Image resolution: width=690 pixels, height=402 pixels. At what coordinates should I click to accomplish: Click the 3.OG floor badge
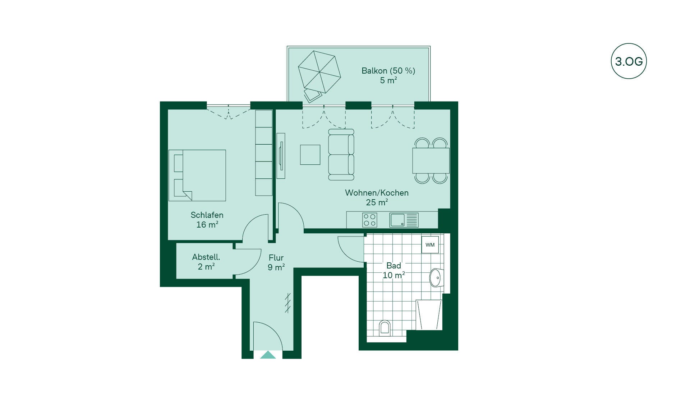point(629,61)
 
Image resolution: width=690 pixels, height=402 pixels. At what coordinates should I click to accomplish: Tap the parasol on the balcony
point(319,72)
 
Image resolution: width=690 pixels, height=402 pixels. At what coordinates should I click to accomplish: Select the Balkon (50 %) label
point(388,71)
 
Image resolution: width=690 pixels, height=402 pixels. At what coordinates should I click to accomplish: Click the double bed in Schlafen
point(197,175)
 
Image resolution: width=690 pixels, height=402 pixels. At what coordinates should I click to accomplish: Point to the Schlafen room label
point(207,215)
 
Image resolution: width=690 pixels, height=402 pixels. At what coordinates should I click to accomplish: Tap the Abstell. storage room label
point(206,257)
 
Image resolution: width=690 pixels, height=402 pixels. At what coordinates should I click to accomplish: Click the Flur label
point(276,258)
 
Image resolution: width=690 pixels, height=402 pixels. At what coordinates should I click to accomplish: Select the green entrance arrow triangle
point(268,355)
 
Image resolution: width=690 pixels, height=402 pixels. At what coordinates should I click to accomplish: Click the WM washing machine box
point(430,245)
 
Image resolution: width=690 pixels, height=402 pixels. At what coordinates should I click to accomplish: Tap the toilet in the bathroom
point(385,328)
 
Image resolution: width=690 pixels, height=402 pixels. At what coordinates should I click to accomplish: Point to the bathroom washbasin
point(436,277)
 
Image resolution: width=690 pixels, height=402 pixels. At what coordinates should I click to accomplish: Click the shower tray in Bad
point(429,315)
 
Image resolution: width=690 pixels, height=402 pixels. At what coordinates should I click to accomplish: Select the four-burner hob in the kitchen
point(369,220)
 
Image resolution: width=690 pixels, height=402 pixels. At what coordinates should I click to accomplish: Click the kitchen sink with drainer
point(404,220)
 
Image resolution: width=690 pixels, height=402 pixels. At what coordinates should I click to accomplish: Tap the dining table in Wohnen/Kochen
point(431,160)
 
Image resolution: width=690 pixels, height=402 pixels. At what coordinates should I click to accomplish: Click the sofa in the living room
point(341,155)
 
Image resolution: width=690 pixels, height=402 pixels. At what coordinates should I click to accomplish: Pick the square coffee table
point(310,155)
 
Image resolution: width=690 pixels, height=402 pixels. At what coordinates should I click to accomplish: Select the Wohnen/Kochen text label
point(377,193)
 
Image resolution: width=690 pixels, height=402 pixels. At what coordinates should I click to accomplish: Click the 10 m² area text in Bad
point(394,275)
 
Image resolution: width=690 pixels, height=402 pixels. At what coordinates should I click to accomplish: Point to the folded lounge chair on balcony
point(313,95)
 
